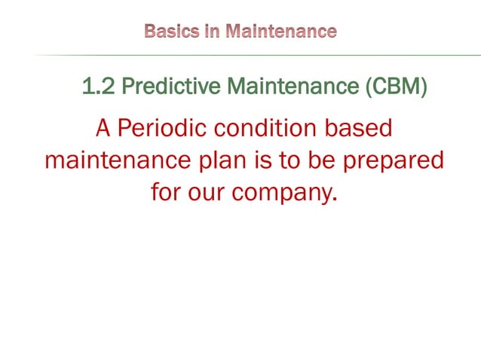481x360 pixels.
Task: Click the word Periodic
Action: [163, 128]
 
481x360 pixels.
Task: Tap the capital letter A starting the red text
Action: [103, 128]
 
